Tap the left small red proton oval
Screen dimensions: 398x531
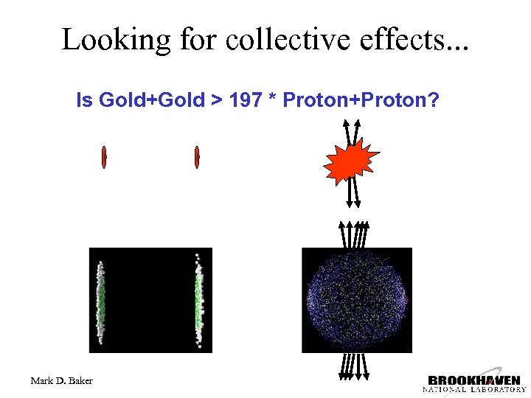[105, 156]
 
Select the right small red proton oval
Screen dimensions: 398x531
[198, 156]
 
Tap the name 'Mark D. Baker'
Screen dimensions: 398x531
[62, 380]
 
